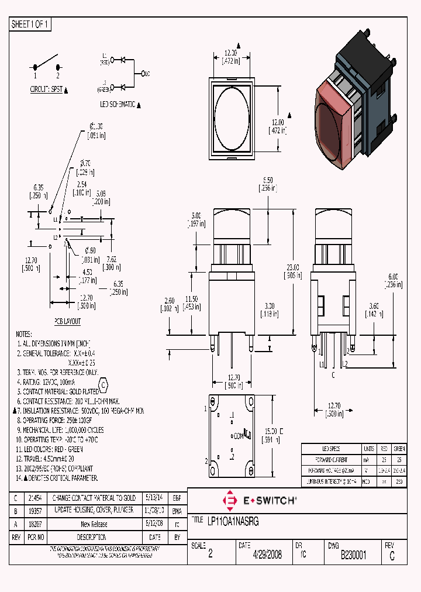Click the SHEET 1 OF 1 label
click(x=31, y=25)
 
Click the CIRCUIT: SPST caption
click(x=46, y=90)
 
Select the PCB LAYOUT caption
click(x=68, y=321)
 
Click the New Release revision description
click(x=94, y=524)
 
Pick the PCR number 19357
click(x=36, y=510)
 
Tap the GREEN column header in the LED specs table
click(x=399, y=449)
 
